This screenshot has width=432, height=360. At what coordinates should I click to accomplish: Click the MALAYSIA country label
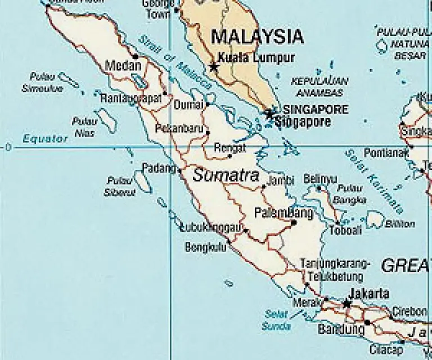pyautogui.click(x=257, y=37)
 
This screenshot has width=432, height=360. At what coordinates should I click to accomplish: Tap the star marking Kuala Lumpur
pyautogui.click(x=214, y=67)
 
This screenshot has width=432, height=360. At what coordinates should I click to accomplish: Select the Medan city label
pyautogui.click(x=123, y=66)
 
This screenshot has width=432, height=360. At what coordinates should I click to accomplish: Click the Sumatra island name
pyautogui.click(x=226, y=175)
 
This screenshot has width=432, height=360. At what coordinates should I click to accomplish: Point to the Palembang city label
pyautogui.click(x=283, y=213)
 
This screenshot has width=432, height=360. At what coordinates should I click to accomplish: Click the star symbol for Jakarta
pyautogui.click(x=347, y=304)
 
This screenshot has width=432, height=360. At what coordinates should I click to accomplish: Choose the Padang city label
pyautogui.click(x=159, y=168)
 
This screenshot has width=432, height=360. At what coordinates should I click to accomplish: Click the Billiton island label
pyautogui.click(x=400, y=224)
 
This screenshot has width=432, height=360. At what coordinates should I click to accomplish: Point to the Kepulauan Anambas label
pyautogui.click(x=319, y=85)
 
